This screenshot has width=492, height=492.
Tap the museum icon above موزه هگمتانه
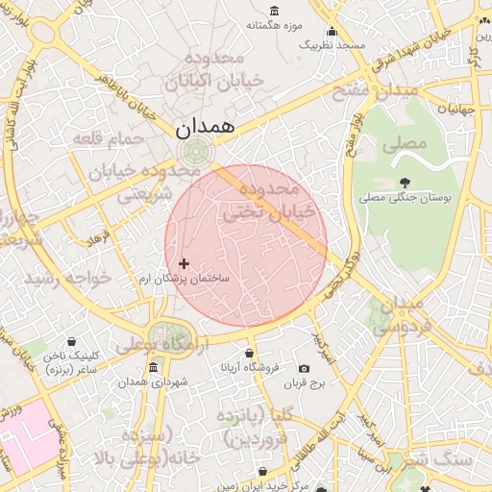(275, 11)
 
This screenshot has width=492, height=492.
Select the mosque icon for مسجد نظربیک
(332, 31)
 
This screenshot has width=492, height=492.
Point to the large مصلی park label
(404, 144)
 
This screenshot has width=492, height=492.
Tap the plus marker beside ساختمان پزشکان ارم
(184, 263)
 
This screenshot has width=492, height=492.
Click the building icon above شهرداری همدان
(155, 368)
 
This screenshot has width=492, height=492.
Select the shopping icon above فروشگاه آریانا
(250, 353)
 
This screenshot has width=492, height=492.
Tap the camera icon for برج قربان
(305, 369)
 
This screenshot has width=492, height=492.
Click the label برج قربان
(305, 384)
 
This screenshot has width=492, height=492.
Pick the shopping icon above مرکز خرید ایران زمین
(263, 472)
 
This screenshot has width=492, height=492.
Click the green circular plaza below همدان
(197, 151)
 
